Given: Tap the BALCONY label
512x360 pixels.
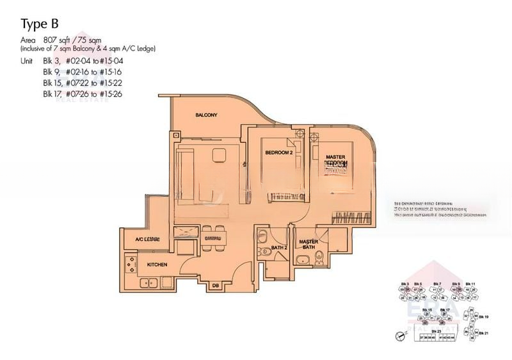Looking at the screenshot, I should coord(207,115).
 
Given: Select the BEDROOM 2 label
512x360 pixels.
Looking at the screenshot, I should coord(279,152).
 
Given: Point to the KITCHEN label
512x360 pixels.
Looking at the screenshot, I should coord(157,264).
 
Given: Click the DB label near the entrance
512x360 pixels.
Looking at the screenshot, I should coord(215,284).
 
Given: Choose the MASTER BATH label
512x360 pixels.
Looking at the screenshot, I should coord(308,244).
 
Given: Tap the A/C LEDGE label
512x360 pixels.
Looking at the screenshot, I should coord(147,239).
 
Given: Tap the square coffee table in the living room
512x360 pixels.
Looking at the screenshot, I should coord(220,154).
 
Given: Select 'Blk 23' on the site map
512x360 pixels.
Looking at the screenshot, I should coord(436,331).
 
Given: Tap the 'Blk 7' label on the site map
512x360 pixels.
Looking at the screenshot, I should coord(436,283).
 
